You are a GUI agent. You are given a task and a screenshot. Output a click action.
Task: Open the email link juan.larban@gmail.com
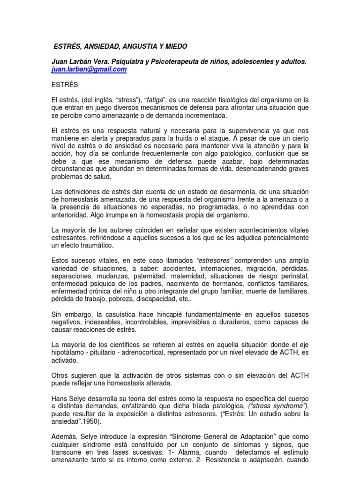pos(89,70)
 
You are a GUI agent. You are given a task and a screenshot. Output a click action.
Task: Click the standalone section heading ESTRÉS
pos(65,85)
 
